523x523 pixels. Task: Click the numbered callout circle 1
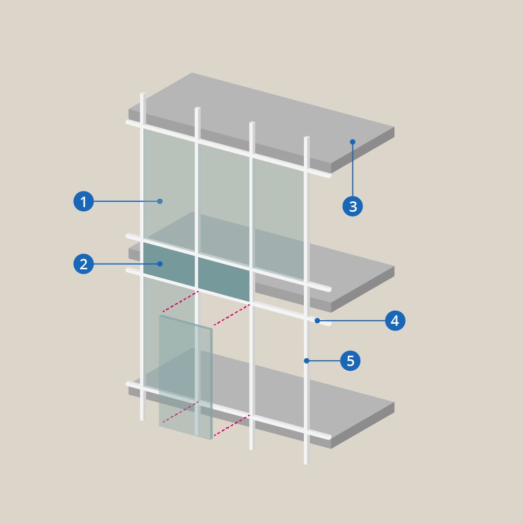point(83,201)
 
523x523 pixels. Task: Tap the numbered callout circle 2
point(83,264)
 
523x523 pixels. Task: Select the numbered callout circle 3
point(353,206)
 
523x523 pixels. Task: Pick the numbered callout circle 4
point(395,321)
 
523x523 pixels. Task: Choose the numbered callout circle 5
point(350,360)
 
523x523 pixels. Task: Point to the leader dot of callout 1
point(160,201)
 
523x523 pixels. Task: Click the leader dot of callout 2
point(160,264)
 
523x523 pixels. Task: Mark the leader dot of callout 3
point(353,142)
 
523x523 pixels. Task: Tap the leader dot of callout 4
point(317,321)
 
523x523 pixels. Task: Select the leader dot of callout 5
point(306,360)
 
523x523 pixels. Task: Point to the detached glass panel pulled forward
point(186,377)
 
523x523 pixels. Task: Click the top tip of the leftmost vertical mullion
point(142,94)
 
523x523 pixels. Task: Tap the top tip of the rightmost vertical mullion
point(306,137)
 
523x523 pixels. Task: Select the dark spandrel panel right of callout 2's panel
point(224,279)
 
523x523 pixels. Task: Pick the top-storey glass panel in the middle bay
point(224,204)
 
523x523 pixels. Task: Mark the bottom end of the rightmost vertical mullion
point(305,463)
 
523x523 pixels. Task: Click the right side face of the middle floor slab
point(363,289)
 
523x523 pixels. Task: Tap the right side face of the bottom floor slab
point(363,425)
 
